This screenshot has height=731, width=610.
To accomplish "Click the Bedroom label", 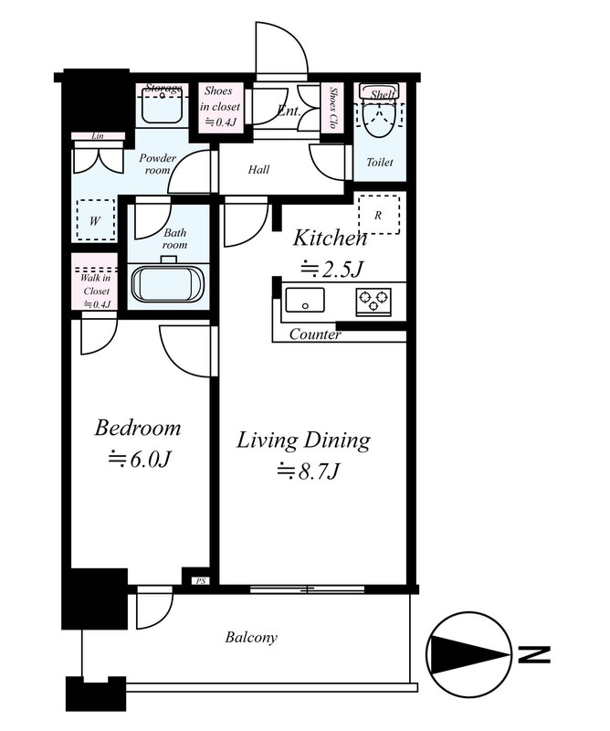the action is click(138, 428).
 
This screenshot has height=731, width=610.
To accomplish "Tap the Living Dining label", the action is click(303, 440).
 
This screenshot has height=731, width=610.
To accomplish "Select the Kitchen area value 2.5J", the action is click(331, 269).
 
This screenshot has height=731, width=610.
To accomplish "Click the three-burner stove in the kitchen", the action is click(373, 302).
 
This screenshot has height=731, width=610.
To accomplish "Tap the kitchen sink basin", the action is click(305, 301).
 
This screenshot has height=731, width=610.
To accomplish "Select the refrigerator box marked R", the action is click(378, 215).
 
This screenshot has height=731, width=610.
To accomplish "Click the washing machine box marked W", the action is click(96, 220).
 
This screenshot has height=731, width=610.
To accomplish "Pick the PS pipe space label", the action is click(201, 581).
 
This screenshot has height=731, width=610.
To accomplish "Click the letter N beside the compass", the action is click(534, 655).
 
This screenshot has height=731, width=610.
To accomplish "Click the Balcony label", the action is click(251, 637).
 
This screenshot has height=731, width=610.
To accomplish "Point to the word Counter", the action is click(315, 334).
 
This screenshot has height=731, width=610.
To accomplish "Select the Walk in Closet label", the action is click(96, 285).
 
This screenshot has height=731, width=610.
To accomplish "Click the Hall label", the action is click(258, 169).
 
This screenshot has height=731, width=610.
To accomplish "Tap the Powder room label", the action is click(157, 164).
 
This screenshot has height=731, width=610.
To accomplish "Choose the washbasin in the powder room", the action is click(163, 107).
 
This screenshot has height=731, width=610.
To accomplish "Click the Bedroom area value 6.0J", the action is click(140, 461).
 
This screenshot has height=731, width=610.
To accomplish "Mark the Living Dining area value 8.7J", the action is click(308, 471).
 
